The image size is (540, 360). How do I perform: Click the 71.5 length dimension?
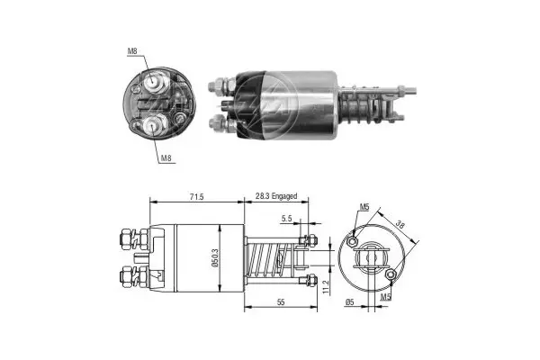(196, 197)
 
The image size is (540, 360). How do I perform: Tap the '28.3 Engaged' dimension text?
(276, 196)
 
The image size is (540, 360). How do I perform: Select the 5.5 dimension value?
(286, 218)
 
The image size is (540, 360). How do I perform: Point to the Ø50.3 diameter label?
(215, 258)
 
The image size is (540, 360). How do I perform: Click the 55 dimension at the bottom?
(281, 302)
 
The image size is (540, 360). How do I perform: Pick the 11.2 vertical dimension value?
(327, 286)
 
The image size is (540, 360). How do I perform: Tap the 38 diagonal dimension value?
(400, 225)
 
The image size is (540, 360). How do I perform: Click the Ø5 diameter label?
(349, 302)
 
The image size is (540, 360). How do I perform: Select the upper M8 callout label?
(132, 51)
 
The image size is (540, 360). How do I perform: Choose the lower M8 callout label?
(166, 158)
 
